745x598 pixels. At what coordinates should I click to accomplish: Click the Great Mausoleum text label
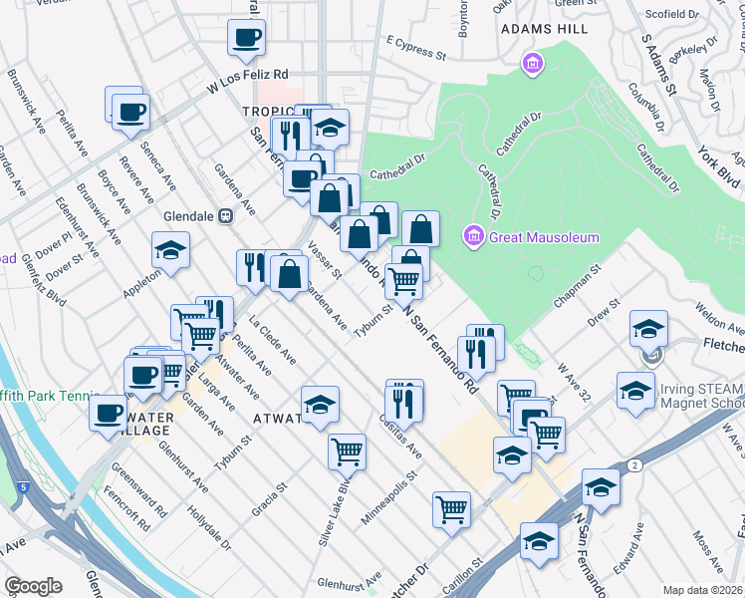click(x=544, y=237)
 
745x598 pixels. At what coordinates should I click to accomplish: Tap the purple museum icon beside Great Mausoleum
click(x=473, y=236)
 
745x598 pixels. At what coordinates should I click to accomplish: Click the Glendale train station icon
click(x=226, y=215)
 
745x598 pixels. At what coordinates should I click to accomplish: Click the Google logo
click(x=33, y=586)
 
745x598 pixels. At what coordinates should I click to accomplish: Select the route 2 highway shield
click(x=633, y=465)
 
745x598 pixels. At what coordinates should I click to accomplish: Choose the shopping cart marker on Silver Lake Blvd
click(x=347, y=450)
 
